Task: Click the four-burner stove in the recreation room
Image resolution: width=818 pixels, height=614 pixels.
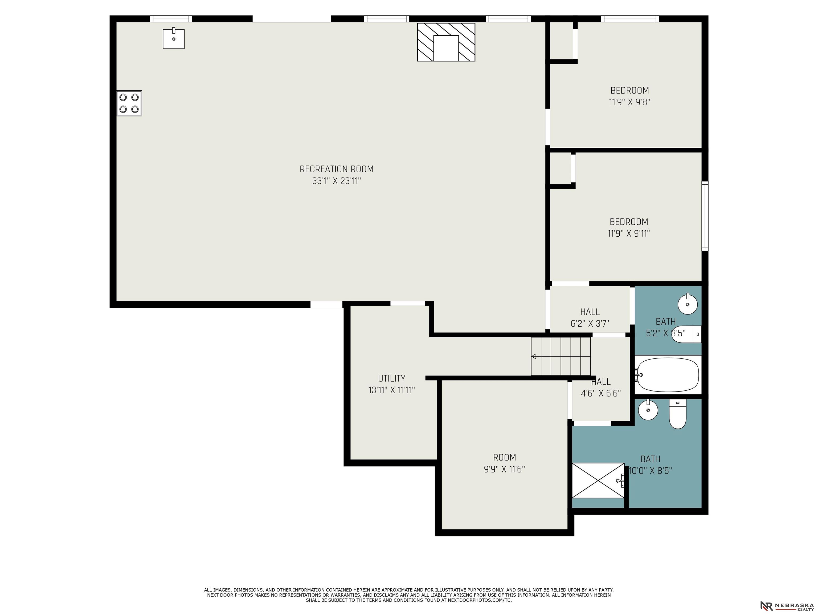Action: [129, 103]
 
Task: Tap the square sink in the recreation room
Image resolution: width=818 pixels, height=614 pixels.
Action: [173, 38]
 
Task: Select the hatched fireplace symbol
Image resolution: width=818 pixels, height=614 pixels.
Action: [446, 42]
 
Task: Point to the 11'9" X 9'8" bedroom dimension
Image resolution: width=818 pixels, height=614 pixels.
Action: [629, 102]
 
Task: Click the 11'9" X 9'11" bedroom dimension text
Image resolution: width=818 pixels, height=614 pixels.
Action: [629, 233]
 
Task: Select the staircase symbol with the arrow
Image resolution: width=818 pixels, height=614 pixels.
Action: [561, 356]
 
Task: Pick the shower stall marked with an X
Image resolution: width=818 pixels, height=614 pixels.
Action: [598, 480]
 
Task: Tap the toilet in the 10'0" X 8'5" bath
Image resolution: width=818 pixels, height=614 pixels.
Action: [677, 414]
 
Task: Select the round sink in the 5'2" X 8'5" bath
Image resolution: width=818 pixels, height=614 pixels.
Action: [688, 304]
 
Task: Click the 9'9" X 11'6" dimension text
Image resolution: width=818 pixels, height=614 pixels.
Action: [504, 469]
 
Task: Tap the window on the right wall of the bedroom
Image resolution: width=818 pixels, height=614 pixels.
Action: [705, 216]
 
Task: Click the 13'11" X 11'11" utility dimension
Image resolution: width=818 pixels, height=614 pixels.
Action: [392, 390]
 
